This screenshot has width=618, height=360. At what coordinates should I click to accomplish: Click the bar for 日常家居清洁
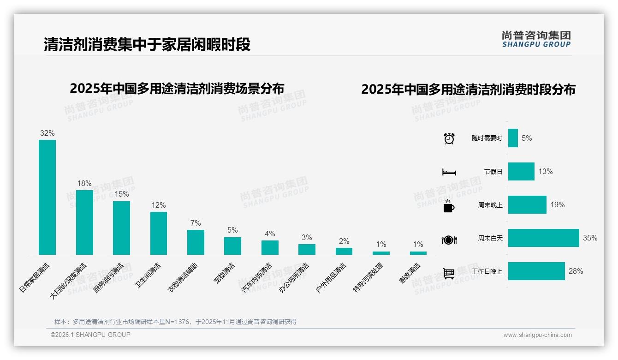coord(47,197)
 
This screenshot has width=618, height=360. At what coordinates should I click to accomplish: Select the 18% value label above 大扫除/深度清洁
coord(84,183)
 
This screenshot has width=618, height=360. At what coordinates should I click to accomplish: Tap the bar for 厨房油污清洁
coord(121,228)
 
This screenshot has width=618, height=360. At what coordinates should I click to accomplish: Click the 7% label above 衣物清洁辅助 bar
coord(196,223)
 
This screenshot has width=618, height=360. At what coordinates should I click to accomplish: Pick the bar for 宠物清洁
coord(232,246)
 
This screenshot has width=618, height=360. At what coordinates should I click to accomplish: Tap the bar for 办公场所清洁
coord(307,249)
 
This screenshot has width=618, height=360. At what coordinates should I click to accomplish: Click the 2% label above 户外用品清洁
coord(344,241)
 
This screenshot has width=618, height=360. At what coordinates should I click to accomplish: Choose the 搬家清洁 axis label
coord(410,273)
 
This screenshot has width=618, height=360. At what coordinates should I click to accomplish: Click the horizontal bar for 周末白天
coord(543,238)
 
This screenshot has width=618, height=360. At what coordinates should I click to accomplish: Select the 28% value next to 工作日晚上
coord(576,271)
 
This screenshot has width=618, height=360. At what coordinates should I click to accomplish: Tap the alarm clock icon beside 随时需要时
coord(449,138)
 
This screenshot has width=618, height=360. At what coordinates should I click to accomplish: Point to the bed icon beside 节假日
coord(449,172)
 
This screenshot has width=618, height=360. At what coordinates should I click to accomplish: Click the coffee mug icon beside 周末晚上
coord(449,206)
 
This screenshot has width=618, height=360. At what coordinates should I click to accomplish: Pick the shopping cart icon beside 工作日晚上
coord(449,273)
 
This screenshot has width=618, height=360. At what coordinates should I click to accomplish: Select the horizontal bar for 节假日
coord(521,171)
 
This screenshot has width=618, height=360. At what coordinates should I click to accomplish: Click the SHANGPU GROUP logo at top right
coord(536,39)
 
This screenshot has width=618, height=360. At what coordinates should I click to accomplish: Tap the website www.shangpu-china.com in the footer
coord(537,335)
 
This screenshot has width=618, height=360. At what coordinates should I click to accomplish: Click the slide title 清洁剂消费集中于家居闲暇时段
coord(147,45)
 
